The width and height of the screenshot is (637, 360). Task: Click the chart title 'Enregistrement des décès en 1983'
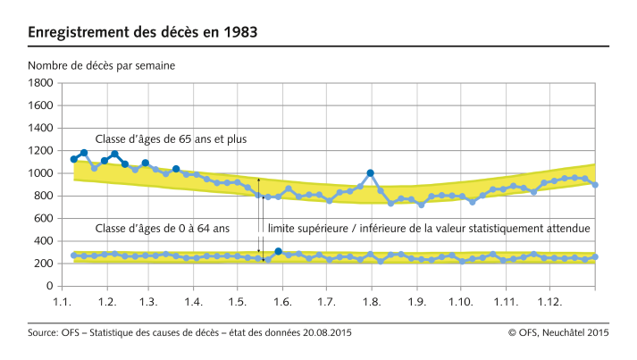coord(143,33)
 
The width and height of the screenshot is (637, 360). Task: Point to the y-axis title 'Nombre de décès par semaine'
coord(101,65)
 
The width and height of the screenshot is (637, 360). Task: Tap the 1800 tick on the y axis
coord(40,83)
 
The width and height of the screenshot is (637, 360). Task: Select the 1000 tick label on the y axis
coord(40,173)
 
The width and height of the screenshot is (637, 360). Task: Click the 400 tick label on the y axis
coord(43,241)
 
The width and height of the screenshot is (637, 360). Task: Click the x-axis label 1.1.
coord(63,302)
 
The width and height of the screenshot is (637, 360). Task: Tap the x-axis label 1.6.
coord(281,302)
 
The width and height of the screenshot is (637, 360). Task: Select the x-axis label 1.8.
coord(369,302)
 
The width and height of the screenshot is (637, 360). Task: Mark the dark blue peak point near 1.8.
coord(370,172)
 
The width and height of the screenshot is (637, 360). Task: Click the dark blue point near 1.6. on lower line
coord(278,252)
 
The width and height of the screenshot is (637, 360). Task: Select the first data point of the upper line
coord(74,159)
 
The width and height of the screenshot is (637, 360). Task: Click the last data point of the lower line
coord(595,256)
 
